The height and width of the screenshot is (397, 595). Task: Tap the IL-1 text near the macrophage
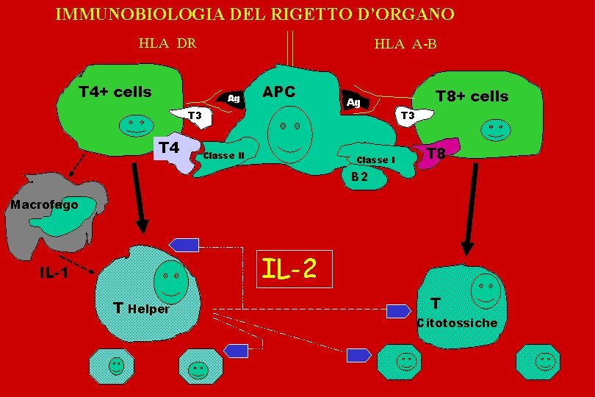tap(53, 273)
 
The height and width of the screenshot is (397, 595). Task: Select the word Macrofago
tap(44, 204)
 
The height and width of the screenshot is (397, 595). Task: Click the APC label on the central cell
tap(279, 92)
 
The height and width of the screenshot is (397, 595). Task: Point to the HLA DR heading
tap(167, 43)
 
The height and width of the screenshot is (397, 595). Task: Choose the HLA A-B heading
tap(405, 44)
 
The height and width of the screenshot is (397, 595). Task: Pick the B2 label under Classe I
tap(359, 176)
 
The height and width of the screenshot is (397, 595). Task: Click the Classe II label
tap(228, 155)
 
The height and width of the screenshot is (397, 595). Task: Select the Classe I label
tap(375, 160)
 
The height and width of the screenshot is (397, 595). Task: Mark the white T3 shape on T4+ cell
tap(192, 115)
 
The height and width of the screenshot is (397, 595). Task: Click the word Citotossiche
tap(457, 323)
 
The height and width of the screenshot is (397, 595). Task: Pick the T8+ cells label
tap(472, 96)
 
